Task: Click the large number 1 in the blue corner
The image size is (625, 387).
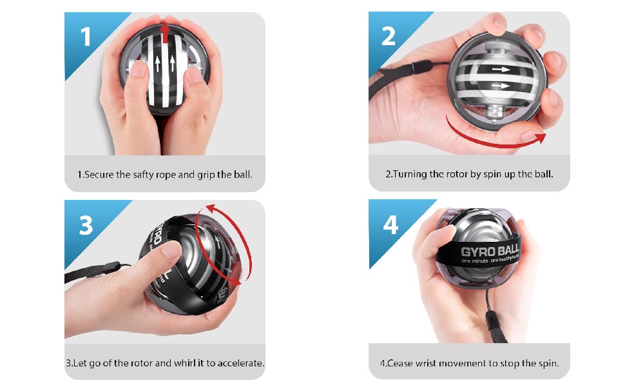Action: tap(86, 37)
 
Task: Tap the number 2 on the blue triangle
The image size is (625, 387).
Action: tap(388, 37)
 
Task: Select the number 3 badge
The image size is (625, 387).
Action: tap(86, 225)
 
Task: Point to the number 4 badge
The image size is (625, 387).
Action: tap(390, 225)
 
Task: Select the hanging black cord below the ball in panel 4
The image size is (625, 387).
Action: tap(490, 310)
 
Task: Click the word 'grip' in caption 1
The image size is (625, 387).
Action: tap(206, 175)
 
